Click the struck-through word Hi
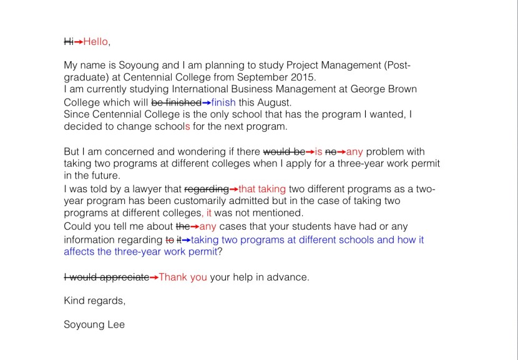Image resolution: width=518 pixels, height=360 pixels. tap(69, 42)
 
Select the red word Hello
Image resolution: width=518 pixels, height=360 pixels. tap(95, 42)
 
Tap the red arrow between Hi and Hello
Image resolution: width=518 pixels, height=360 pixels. tap(79, 42)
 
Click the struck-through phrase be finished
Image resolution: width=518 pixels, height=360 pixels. tap(176, 102)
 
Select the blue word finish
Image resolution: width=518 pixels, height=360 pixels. tap(223, 102)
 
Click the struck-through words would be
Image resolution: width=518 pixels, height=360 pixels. tap(284, 152)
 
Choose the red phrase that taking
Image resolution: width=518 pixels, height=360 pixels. tap(262, 189)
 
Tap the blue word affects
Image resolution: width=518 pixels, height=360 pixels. tap(79, 252)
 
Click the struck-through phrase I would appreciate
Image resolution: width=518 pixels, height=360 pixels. tap(107, 277)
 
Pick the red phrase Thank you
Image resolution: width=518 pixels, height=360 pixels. tap(183, 277)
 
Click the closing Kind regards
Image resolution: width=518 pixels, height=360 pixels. tap(94, 301)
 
